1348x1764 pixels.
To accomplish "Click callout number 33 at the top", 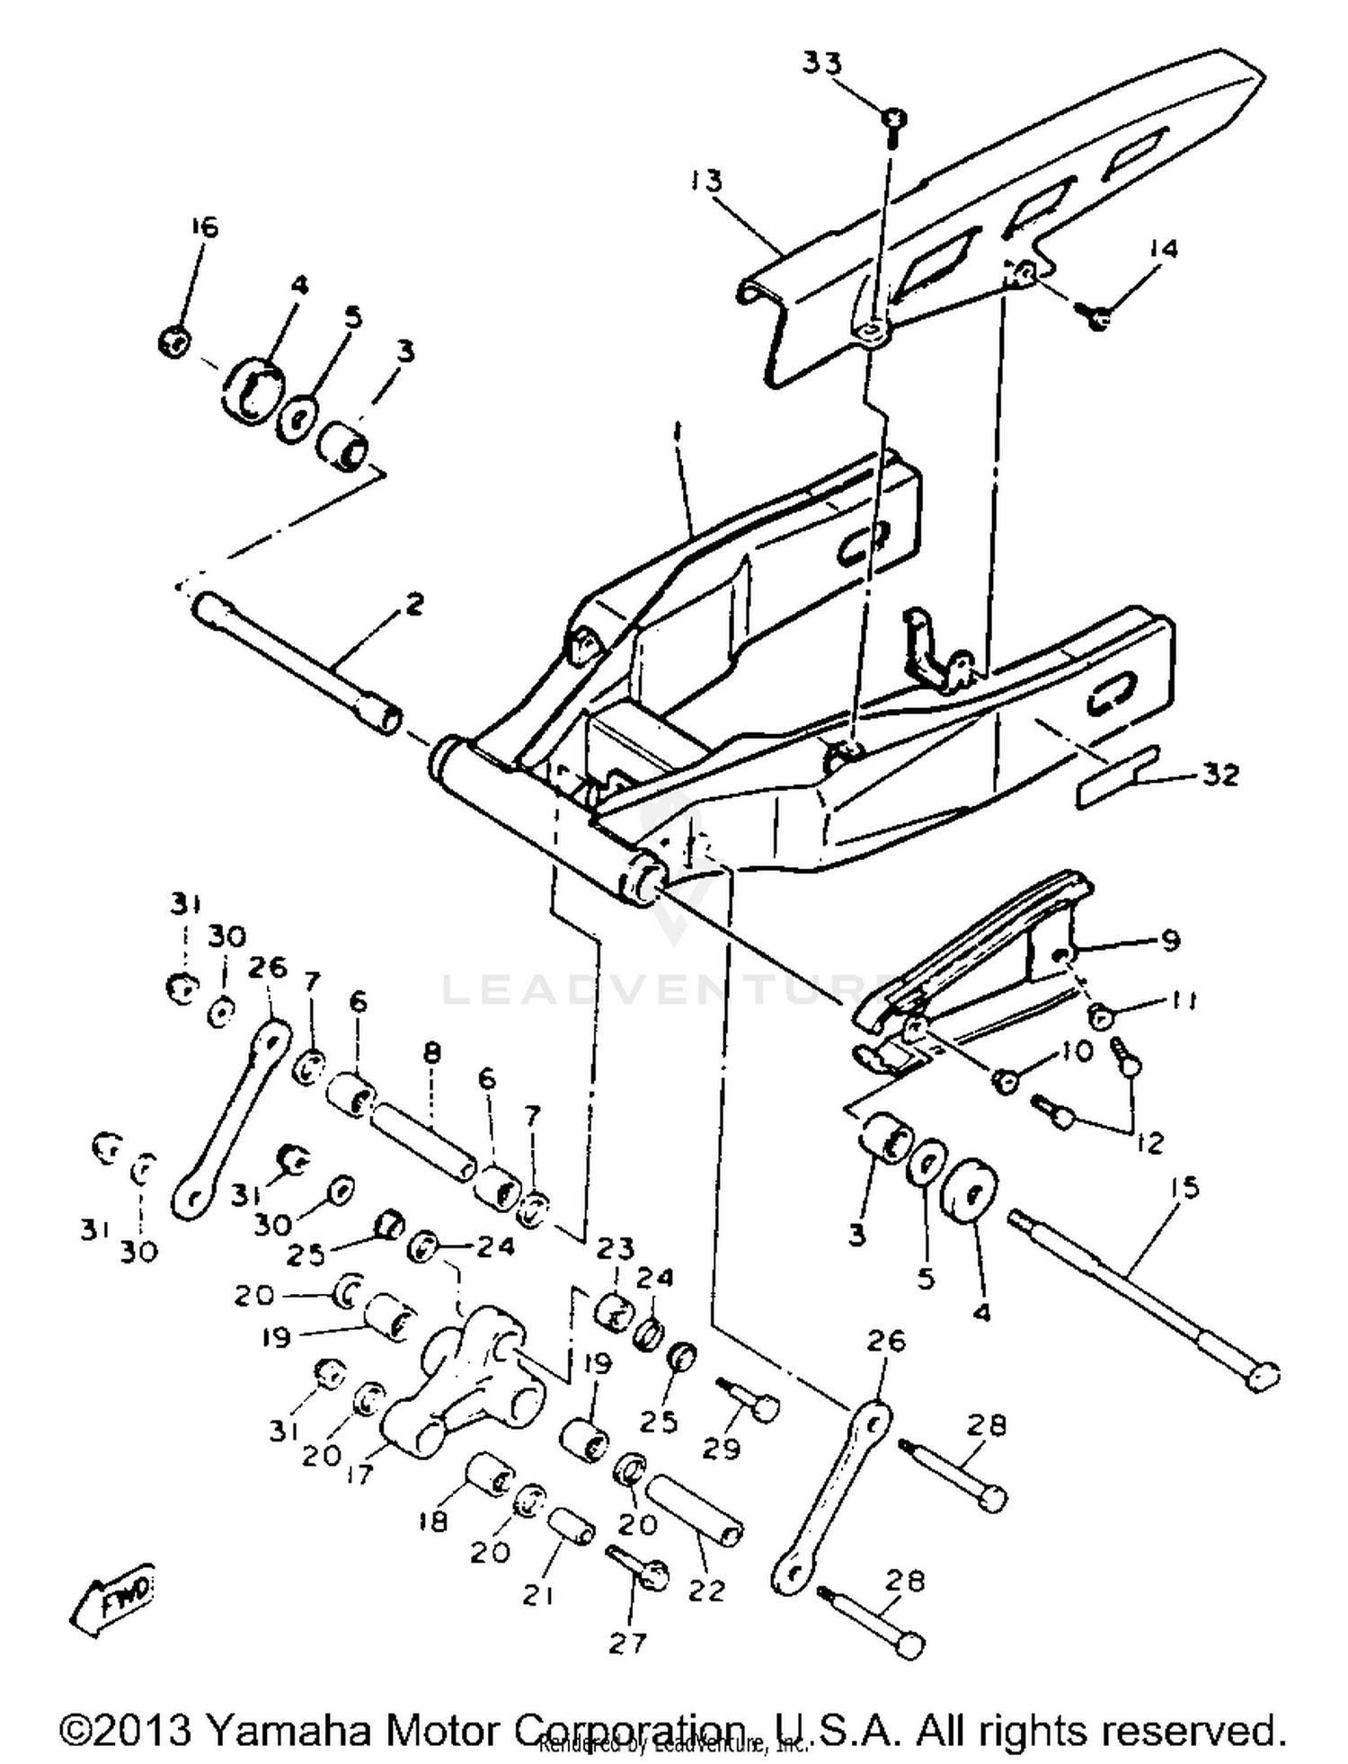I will point(822,64).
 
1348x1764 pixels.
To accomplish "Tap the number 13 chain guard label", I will point(707,181).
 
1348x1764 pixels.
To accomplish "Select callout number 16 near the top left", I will point(204,226).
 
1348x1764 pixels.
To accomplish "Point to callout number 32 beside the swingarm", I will point(1220,774).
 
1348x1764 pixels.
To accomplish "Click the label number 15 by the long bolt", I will point(1185,1189).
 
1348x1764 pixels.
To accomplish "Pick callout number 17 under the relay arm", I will point(359,1475).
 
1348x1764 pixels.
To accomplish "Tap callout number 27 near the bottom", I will point(627,1644).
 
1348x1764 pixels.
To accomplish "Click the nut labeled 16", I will point(174,341).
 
